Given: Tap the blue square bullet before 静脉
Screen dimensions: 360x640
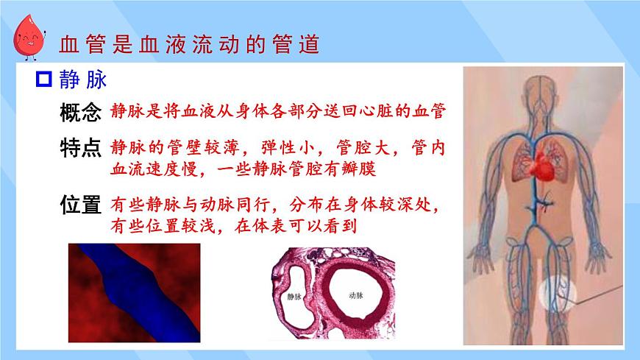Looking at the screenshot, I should [x=44, y=80].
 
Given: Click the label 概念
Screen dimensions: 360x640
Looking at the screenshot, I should [x=79, y=112].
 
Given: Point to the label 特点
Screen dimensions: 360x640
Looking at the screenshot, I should [x=79, y=148].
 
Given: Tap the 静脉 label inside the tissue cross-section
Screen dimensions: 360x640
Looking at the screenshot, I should [x=294, y=297].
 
